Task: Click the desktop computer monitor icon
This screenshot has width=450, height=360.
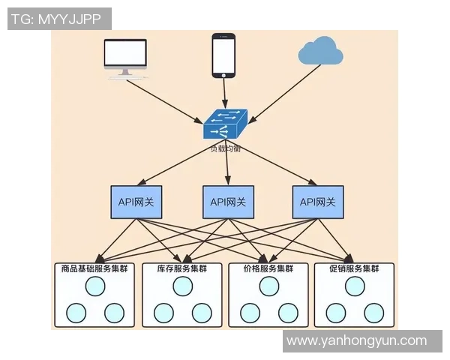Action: coord(126,55)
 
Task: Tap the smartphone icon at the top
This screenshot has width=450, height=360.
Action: coord(223,55)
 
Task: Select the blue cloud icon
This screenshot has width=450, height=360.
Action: coord(320,52)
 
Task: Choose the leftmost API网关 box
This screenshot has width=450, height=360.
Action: coord(136,202)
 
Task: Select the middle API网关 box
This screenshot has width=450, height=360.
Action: coord(228,202)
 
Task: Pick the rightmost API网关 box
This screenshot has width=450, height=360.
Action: coord(318,202)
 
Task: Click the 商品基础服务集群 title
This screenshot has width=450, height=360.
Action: coord(94,268)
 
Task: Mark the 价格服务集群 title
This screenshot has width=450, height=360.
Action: coord(268,268)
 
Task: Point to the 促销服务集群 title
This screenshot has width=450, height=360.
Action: coord(354,268)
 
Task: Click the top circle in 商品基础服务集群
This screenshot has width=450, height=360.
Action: coord(94,286)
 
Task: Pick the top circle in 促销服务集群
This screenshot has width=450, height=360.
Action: coord(354,286)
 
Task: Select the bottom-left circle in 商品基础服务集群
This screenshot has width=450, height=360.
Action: coord(76,312)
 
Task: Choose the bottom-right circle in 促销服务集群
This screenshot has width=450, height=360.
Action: coord(373,312)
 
